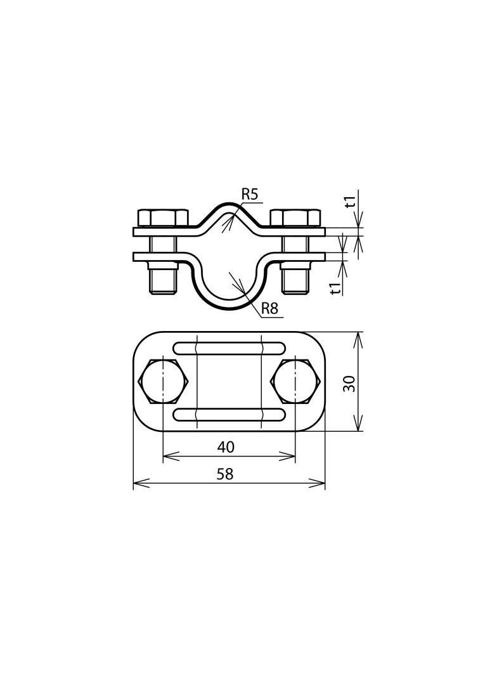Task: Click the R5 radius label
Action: (250, 195)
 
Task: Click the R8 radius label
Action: (270, 309)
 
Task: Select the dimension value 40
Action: (226, 447)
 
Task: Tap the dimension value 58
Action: (225, 474)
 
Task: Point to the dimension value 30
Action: (349, 383)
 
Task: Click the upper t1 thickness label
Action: (350, 202)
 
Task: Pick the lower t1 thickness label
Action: (336, 288)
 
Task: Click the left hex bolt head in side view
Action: (163, 218)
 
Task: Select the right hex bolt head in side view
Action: (295, 218)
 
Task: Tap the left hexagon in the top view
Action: (164, 382)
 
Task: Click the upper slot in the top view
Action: (229, 348)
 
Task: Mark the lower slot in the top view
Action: (229, 415)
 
